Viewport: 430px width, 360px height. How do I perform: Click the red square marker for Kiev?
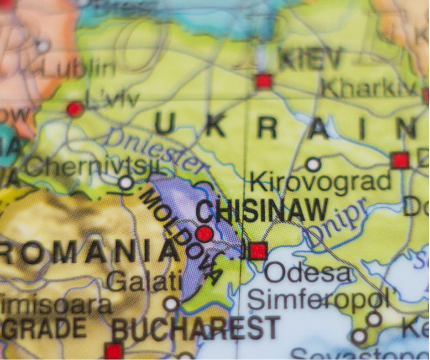coord(263,81)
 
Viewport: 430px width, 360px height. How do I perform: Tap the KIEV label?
coord(311,60)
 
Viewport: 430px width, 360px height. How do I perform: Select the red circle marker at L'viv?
coord(74,109)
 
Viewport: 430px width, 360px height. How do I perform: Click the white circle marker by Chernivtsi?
coord(126,183)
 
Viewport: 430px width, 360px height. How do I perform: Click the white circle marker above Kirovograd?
coord(313,164)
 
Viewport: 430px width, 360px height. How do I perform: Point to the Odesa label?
coord(309,273)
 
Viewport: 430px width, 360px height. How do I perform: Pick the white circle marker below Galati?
coord(172,304)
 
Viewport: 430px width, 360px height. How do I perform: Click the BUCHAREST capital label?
coord(196,329)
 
